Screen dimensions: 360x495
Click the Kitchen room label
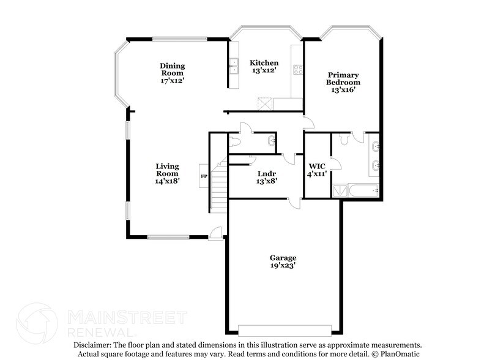click(264, 62)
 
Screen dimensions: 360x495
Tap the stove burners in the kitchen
click(299, 69)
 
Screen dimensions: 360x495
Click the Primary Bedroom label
click(343, 78)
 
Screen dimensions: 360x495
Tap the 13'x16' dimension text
click(343, 89)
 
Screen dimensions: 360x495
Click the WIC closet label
click(317, 166)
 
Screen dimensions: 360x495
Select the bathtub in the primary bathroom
click(365, 191)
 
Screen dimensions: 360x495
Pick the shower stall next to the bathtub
click(340, 191)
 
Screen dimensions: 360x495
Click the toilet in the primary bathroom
click(344, 139)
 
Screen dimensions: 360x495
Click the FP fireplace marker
click(204, 177)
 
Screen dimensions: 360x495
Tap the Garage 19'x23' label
click(284, 261)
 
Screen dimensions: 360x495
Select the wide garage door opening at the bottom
click(283, 329)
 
